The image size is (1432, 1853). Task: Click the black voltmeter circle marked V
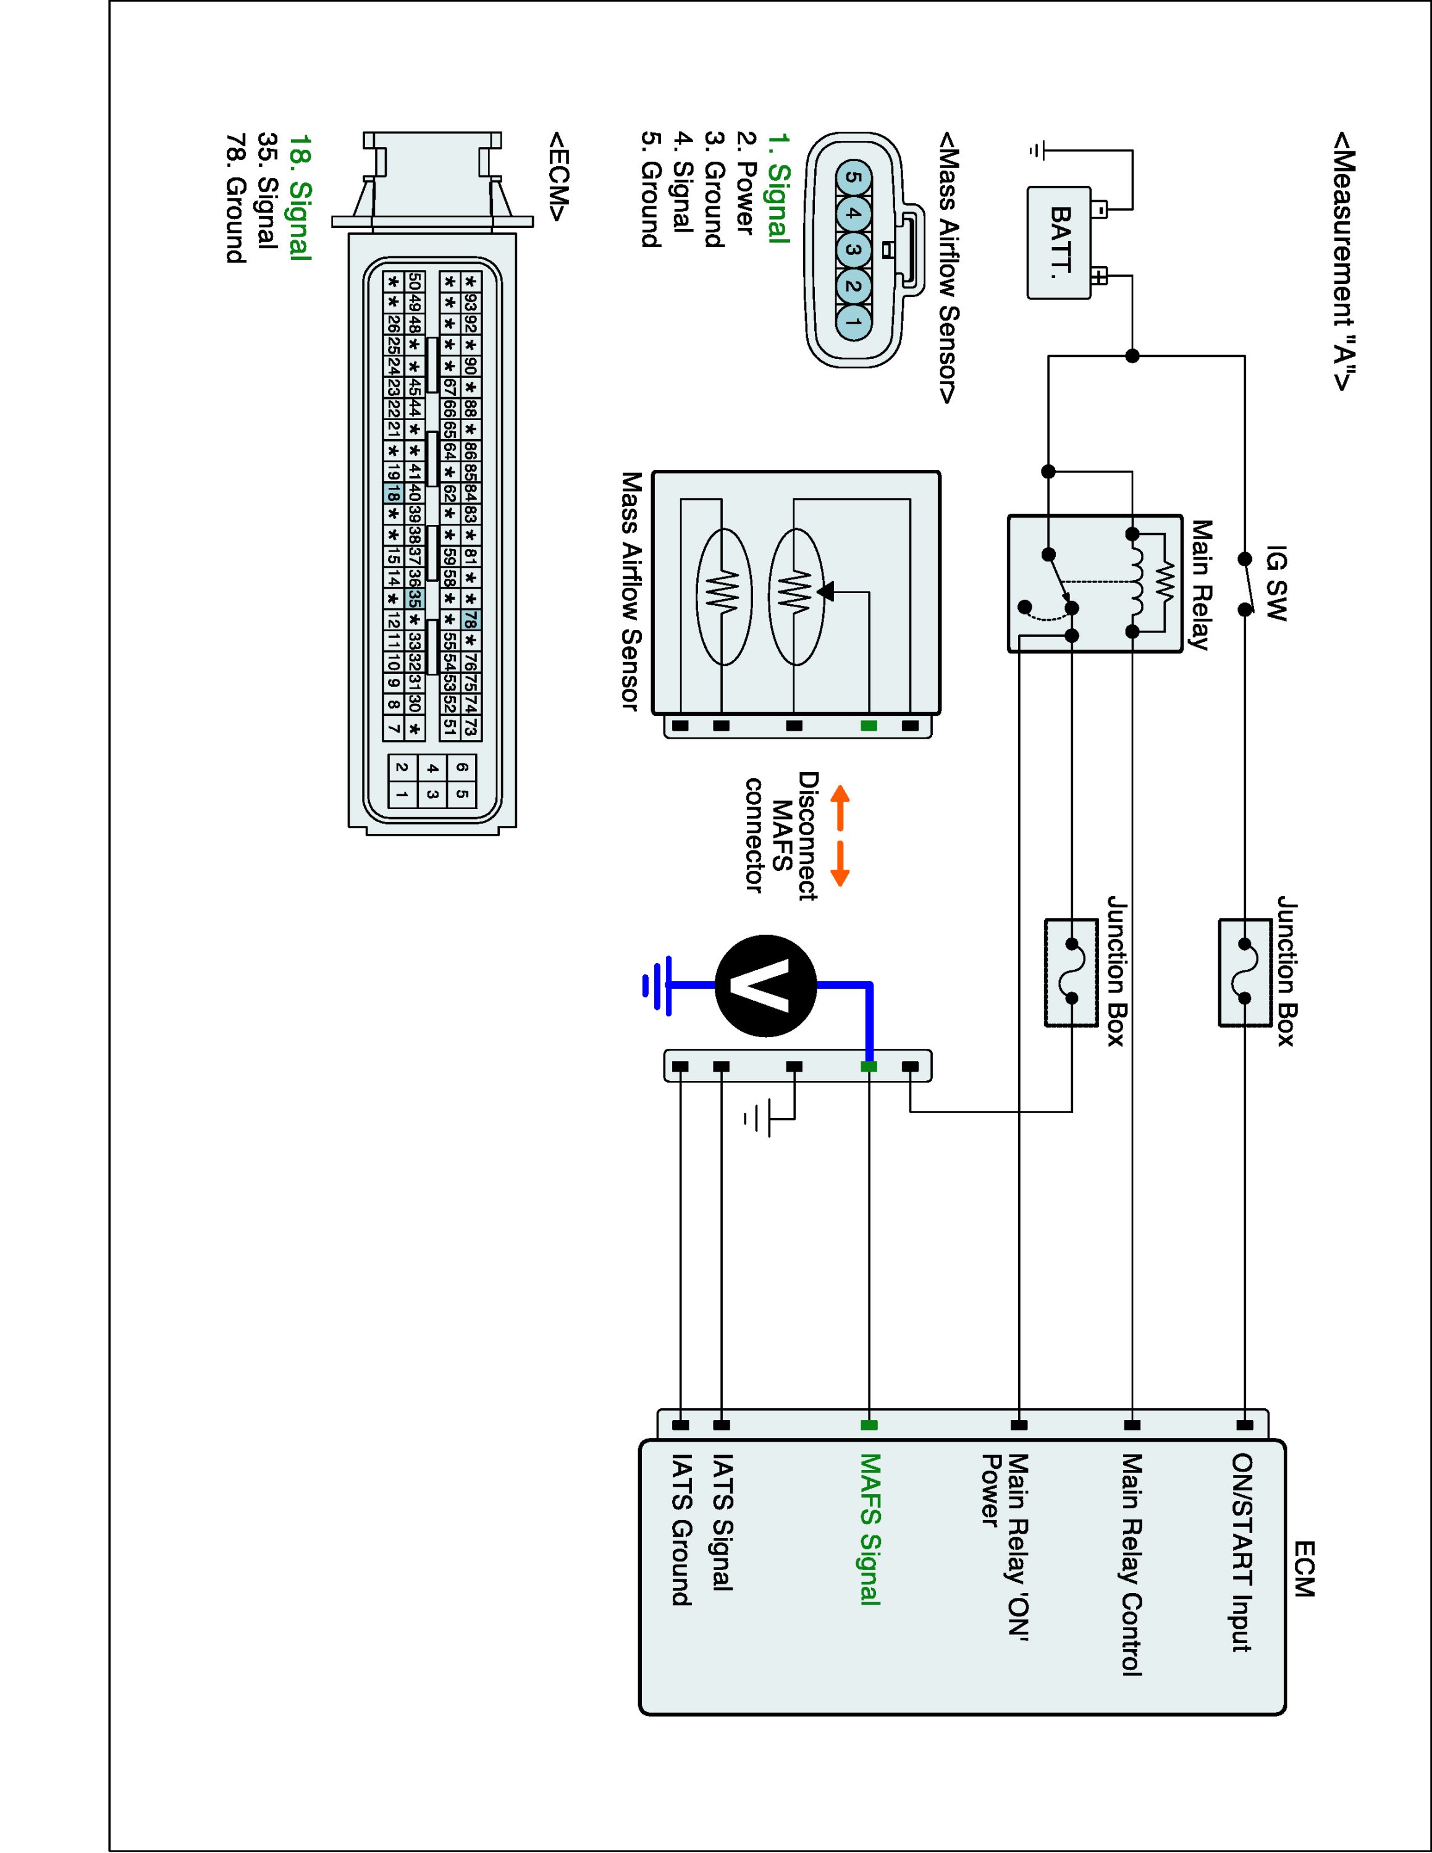coord(766,986)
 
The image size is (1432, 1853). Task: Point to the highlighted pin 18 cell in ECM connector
coord(393,492)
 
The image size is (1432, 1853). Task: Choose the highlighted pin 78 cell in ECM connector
coord(471,620)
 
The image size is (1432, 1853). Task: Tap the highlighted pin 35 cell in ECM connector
coord(414,597)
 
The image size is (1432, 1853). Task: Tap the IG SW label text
coord(1276,584)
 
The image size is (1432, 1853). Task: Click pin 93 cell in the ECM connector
coord(471,303)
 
